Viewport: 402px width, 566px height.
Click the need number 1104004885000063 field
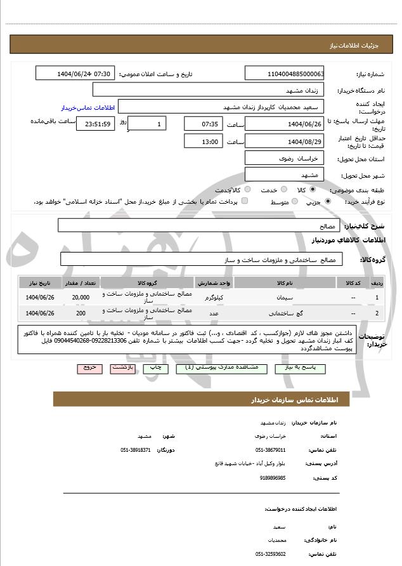[x=285, y=74]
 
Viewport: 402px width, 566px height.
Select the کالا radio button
[x=313, y=190]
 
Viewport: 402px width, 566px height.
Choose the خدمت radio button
[x=283, y=190]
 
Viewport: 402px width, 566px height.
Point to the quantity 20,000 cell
[x=81, y=297]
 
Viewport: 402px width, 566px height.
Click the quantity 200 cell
[x=81, y=313]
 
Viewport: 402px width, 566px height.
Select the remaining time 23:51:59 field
[x=95, y=124]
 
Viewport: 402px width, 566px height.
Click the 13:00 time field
[x=203, y=141]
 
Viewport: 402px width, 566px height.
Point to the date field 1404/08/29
[x=285, y=141]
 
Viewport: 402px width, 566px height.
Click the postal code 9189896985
[x=273, y=478]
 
